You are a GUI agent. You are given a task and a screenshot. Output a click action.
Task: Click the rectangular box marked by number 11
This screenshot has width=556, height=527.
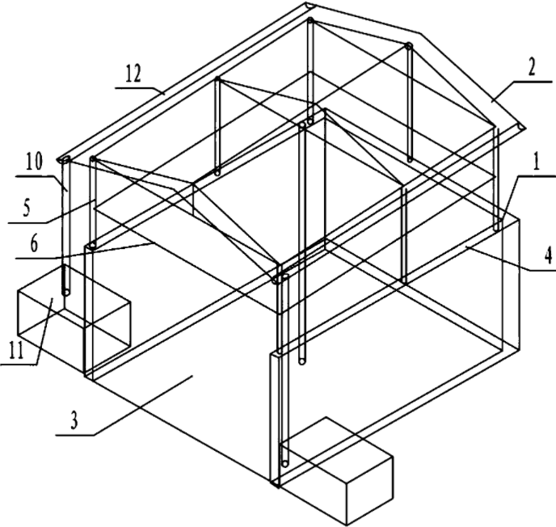[x=53, y=311]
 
